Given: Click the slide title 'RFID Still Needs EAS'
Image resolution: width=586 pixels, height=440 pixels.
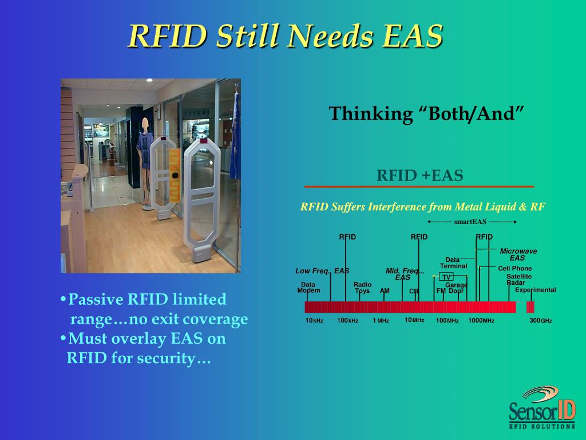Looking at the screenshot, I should pos(285,36).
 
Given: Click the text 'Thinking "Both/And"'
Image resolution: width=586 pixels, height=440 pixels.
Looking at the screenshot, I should pos(426,113).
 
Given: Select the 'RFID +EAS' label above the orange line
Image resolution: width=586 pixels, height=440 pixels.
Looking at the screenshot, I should pos(419,175).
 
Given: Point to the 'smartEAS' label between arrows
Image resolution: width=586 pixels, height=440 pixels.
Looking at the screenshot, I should pos(466,222).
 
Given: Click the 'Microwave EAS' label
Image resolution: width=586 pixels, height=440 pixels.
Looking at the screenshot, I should pos(518,254).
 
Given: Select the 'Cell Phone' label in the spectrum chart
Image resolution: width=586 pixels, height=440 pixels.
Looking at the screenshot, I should pos(514,268).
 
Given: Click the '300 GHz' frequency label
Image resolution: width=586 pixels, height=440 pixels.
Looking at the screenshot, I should pos(540,320).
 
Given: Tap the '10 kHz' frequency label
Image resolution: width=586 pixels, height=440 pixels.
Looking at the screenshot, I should pos(314,320).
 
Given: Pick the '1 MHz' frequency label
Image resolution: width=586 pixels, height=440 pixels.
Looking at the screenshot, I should pos(381,320).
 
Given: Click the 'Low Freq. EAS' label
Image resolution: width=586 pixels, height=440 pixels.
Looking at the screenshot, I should pos(322,271).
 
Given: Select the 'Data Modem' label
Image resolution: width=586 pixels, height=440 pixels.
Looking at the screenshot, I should pos(308,288).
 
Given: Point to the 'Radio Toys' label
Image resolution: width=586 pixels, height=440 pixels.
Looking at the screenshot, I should pos(362,288).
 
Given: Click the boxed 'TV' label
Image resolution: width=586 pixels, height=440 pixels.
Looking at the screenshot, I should pos(446,277).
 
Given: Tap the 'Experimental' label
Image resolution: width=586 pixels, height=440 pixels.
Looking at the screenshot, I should pos(535,290).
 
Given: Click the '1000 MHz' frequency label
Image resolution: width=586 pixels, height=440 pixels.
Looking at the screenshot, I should pos(481,320).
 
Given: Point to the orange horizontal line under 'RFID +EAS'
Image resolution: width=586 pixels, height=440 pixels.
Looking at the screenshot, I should pos(419,187).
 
